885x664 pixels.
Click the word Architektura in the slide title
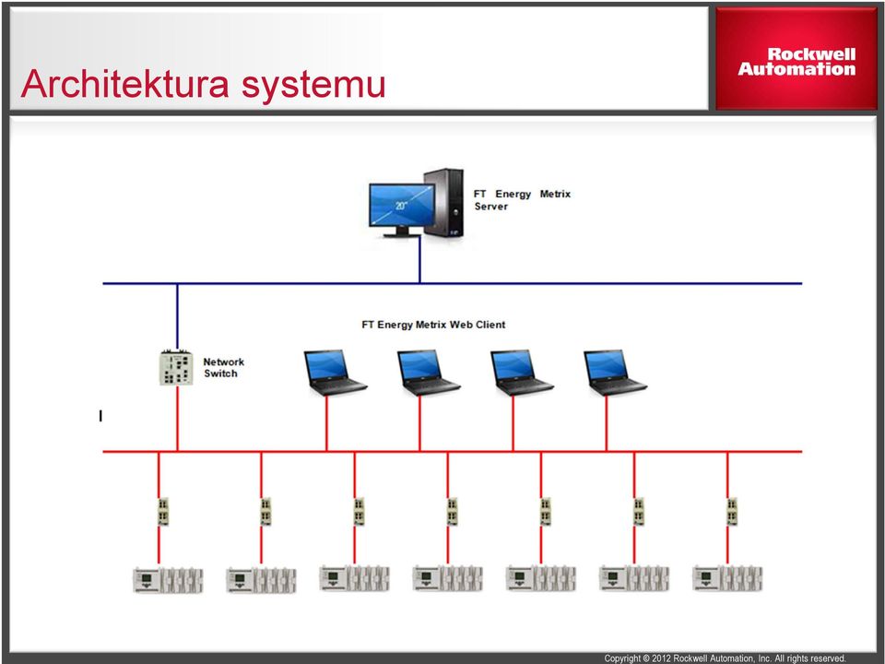click(x=124, y=84)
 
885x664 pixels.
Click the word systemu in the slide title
click(x=313, y=86)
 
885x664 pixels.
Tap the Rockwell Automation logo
click(x=796, y=62)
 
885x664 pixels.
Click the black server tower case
click(x=444, y=202)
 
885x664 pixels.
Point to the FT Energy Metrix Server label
click(x=522, y=200)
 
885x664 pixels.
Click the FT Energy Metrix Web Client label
click(x=433, y=325)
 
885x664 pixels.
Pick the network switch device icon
click(x=177, y=368)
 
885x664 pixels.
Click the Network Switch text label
click(x=223, y=368)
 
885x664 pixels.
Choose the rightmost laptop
click(x=615, y=373)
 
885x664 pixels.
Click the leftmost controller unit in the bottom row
click(x=168, y=580)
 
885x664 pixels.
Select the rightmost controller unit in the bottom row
click(x=727, y=578)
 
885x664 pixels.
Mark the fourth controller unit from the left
click(x=448, y=578)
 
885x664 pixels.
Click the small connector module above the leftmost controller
click(x=163, y=512)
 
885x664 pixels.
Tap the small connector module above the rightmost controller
click(x=732, y=512)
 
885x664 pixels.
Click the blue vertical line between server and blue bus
click(x=419, y=260)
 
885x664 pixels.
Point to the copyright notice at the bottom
click(x=726, y=658)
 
